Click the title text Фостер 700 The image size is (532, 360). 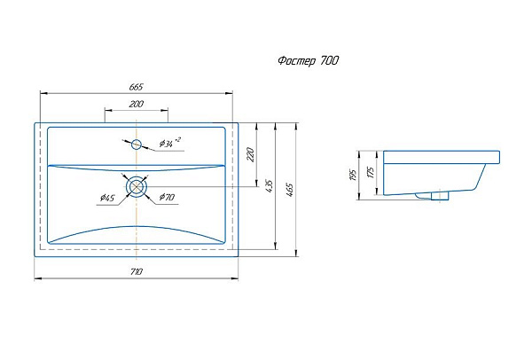pos(301,61)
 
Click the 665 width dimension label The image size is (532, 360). pos(136,86)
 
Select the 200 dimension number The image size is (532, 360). pos(136,105)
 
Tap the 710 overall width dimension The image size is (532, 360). pos(136,270)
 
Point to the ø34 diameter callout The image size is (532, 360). pos(168,143)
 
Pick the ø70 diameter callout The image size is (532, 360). pos(166,197)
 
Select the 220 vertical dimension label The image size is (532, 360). pos(251,154)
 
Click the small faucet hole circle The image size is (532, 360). pos(137,144)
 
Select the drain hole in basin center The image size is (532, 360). pos(136,186)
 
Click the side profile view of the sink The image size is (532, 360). pos(434,173)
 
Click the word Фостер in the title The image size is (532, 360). pos(290,61)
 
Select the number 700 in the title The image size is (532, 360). pos(327,61)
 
